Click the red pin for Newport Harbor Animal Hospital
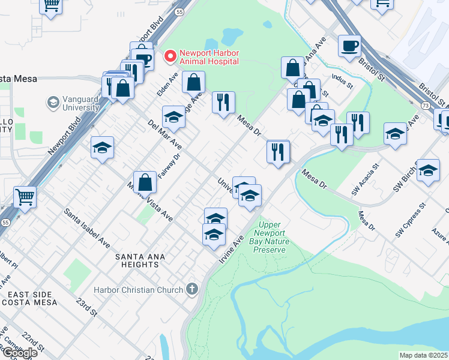tap(170, 56)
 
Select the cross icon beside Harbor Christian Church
tap(192, 290)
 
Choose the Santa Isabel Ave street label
tap(88, 229)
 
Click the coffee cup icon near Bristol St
tap(349, 46)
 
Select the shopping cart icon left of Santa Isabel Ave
tap(25, 196)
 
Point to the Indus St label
tap(340, 82)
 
